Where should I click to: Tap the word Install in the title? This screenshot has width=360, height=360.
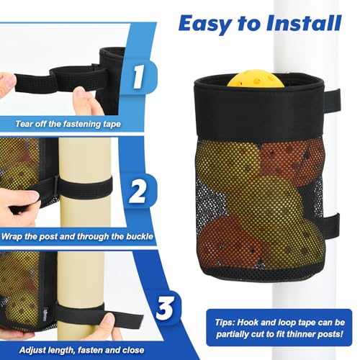point(304,23)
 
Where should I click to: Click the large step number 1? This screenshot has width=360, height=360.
point(138,77)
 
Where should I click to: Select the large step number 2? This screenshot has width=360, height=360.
point(137,192)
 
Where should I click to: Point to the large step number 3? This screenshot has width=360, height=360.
point(165,307)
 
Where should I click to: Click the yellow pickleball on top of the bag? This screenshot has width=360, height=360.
point(256,78)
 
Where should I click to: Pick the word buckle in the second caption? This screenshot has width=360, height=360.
point(140,236)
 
